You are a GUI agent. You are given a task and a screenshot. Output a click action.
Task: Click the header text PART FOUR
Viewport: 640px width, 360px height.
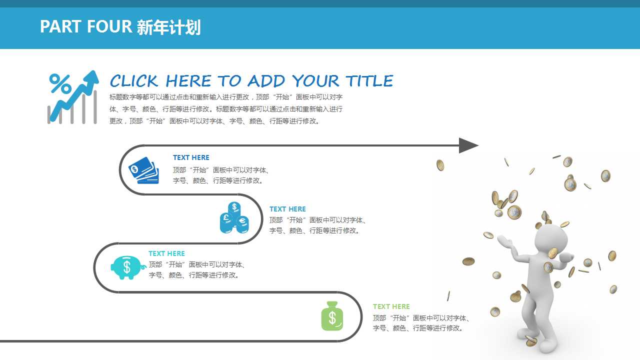click(x=85, y=27)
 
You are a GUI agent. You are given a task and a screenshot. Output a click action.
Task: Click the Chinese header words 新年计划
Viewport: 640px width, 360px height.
click(x=168, y=27)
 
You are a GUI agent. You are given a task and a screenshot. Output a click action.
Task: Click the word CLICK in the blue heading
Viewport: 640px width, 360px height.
click(x=134, y=81)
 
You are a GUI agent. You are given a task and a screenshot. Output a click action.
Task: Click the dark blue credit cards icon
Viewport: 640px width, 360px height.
click(x=143, y=170)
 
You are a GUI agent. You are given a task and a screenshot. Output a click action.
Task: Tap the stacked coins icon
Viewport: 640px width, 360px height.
click(x=234, y=218)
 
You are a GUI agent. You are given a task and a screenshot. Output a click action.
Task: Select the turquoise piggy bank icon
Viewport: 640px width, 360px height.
click(x=127, y=267)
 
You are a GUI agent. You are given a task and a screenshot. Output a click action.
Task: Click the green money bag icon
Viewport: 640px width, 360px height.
click(x=332, y=316)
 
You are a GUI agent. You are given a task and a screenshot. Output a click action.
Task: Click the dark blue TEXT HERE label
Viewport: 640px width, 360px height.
click(x=191, y=157)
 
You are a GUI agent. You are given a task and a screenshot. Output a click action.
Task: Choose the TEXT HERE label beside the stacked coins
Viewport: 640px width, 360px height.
click(x=287, y=209)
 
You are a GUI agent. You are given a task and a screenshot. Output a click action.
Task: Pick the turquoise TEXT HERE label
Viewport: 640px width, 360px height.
click(x=166, y=253)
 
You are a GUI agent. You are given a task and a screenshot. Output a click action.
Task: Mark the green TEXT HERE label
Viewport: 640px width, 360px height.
click(x=391, y=306)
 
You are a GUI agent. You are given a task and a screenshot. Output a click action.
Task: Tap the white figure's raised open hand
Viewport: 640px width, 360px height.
click(x=505, y=242)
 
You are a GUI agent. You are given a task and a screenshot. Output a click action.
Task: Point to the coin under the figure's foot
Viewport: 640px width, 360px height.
click(x=531, y=341)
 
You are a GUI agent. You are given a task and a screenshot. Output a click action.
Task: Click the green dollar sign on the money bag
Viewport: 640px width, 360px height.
click(x=332, y=318)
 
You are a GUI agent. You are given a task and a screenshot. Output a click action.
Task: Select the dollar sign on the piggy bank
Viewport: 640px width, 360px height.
click(x=127, y=266)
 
